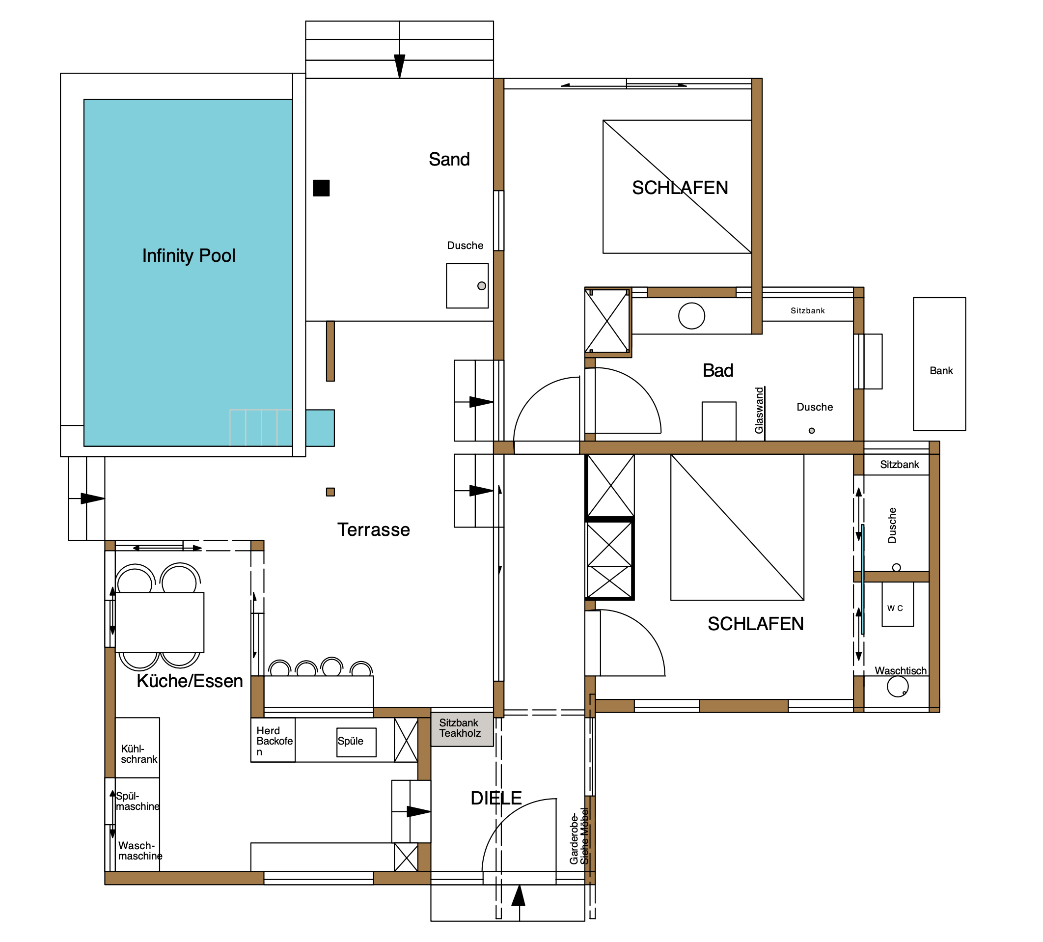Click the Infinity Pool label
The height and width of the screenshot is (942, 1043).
pyautogui.click(x=189, y=256)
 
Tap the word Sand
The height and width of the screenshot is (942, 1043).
pyautogui.click(x=449, y=160)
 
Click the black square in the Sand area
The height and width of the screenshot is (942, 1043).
pyautogui.click(x=321, y=188)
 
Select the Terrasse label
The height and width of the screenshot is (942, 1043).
pyautogui.click(x=374, y=529)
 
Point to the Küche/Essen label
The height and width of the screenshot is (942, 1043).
pyautogui.click(x=190, y=681)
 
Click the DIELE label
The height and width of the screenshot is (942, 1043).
pyautogui.click(x=496, y=798)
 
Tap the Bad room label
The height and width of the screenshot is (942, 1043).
pyautogui.click(x=718, y=371)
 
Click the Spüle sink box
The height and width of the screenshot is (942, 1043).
pyautogui.click(x=357, y=742)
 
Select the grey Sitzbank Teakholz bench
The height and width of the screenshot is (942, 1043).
pyautogui.click(x=462, y=729)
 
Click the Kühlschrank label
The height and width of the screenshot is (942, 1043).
pyautogui.click(x=139, y=754)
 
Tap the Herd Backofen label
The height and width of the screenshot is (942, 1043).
pyautogui.click(x=274, y=741)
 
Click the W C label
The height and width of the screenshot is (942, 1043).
pyautogui.click(x=895, y=608)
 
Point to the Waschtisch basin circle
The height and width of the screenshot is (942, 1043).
pyautogui.click(x=898, y=687)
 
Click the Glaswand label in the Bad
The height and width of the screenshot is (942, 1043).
pyautogui.click(x=759, y=411)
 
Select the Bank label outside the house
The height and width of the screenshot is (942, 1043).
pyautogui.click(x=941, y=371)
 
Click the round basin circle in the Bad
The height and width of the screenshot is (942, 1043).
pyautogui.click(x=692, y=316)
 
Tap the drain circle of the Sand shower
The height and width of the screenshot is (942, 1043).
pyautogui.click(x=482, y=286)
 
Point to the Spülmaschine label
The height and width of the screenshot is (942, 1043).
pyautogui.click(x=137, y=801)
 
